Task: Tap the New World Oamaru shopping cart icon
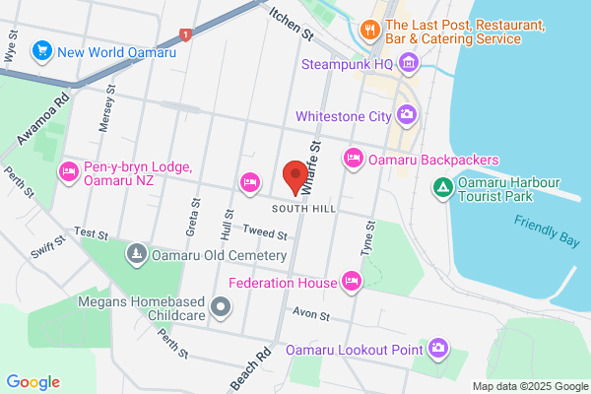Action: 41,49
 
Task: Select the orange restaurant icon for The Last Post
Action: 370,30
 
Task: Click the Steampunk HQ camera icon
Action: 410,65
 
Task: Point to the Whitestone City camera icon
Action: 407,116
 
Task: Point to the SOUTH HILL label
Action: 303,209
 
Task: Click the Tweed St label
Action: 266,235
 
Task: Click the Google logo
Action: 33,382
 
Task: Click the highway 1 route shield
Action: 186,34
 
